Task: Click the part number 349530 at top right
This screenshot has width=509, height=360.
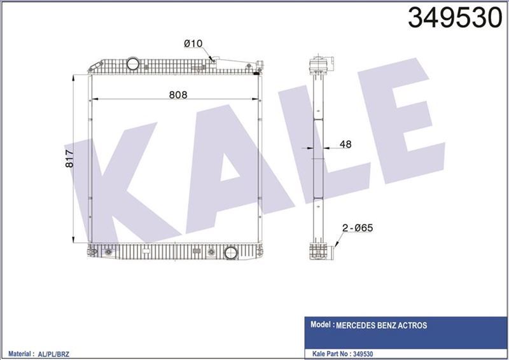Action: (454, 19)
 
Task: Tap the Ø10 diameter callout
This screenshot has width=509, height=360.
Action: (193, 43)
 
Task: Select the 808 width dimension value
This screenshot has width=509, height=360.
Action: (178, 94)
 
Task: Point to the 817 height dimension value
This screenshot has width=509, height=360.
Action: (71, 158)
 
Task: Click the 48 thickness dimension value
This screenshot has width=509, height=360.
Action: (345, 144)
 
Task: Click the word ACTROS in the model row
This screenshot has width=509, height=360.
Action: (414, 326)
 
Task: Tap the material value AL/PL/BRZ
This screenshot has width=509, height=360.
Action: (56, 352)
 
